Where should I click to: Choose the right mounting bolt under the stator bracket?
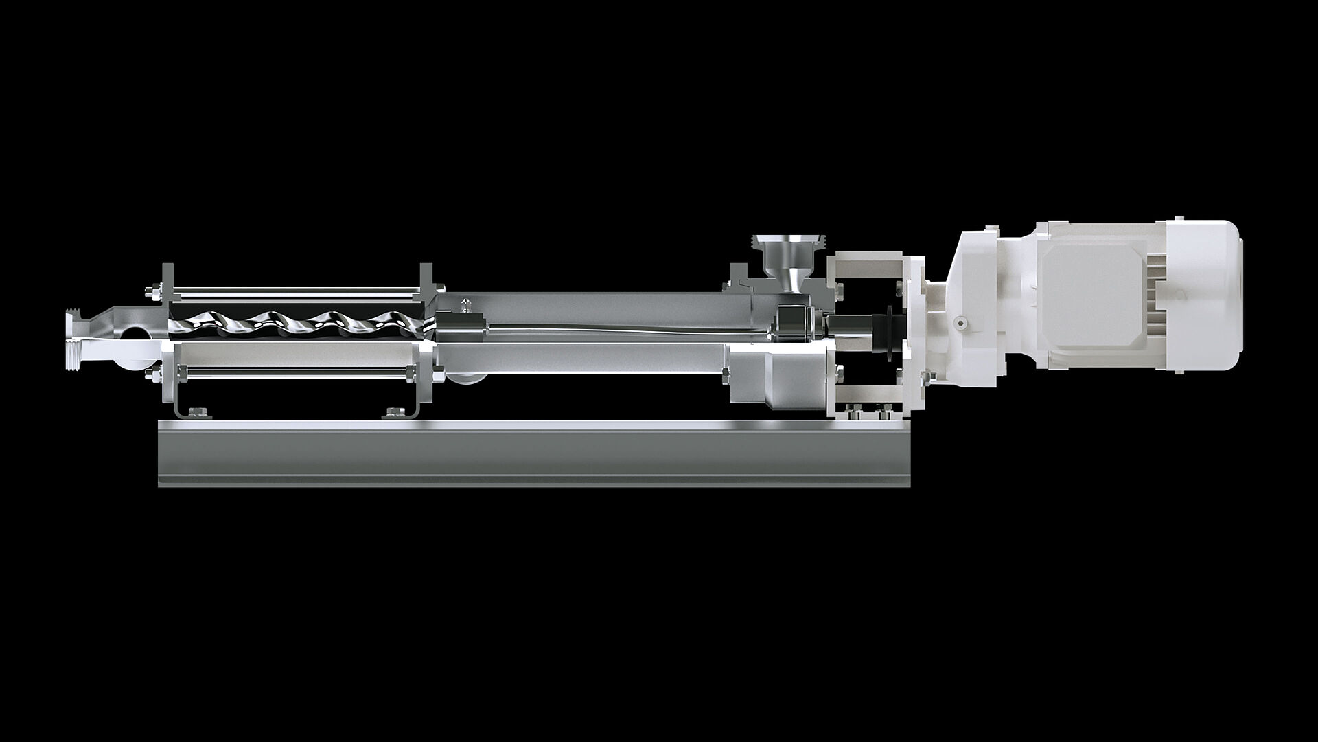coord(394,412)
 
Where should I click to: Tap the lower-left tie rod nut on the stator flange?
coord(149,374)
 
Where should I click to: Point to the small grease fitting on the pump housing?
coord(466,302)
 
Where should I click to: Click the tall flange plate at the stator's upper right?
coord(425,282)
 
